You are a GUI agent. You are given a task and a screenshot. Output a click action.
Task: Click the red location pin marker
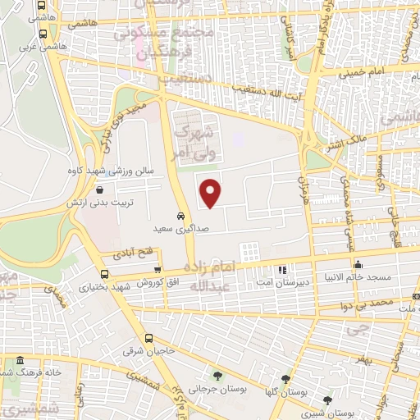click(212, 193)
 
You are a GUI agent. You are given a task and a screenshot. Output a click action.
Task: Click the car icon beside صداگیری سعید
click(180, 216)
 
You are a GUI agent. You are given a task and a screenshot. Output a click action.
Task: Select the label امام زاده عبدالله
click(210, 277)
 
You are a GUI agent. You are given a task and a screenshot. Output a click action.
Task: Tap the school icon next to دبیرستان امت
click(283, 270)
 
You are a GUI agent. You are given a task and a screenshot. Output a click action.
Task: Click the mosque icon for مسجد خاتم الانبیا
click(358, 264)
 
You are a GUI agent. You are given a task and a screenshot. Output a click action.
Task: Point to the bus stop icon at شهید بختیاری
click(104, 275)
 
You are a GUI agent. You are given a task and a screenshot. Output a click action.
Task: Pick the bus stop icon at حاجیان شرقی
click(148, 338)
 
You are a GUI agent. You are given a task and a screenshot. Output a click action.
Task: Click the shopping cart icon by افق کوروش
click(157, 270)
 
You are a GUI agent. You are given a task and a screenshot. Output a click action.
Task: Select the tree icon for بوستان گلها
click(285, 379)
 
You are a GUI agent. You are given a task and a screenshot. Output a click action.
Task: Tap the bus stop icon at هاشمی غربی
click(43, 34)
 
